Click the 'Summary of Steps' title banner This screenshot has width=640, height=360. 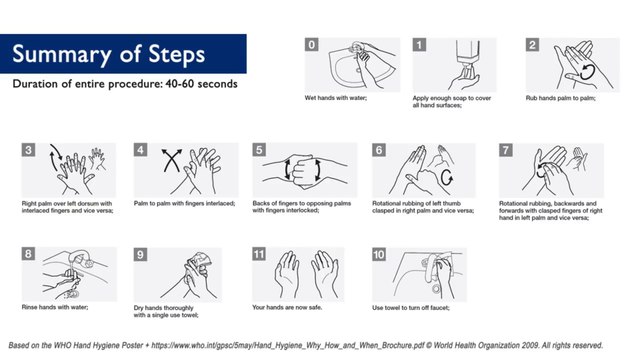[123, 54]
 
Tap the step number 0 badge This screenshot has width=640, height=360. [312, 44]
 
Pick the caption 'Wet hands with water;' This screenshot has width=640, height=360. [336, 98]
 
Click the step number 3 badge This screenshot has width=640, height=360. [29, 150]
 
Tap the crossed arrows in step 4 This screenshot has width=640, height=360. [172, 160]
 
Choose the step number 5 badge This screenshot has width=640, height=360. [259, 150]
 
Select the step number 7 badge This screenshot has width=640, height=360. [506, 150]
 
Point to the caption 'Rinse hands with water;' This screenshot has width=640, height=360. [55, 307]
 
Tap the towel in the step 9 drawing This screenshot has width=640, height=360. [199, 261]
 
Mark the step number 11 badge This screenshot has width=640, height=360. [259, 254]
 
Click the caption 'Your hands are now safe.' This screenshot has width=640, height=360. [287, 307]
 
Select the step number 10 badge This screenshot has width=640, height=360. [379, 255]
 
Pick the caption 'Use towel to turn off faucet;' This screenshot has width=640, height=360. [411, 308]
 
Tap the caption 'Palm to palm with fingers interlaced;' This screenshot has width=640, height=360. [184, 203]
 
